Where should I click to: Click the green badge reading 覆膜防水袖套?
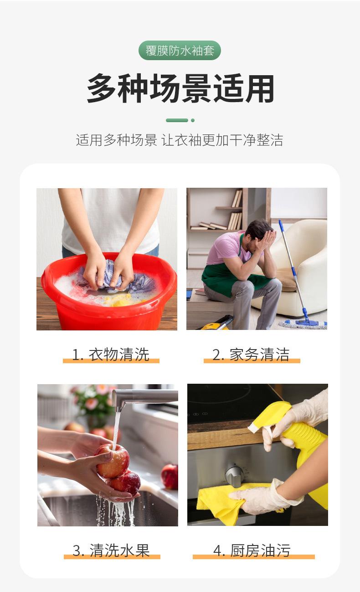(180, 51)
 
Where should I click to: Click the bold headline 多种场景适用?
(180, 88)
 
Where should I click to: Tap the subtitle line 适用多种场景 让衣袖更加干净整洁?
(180, 140)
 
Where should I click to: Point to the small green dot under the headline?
(193, 120)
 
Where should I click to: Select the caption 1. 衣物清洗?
(111, 355)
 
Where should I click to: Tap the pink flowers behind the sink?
(94, 399)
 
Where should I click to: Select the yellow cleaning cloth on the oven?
(232, 501)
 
